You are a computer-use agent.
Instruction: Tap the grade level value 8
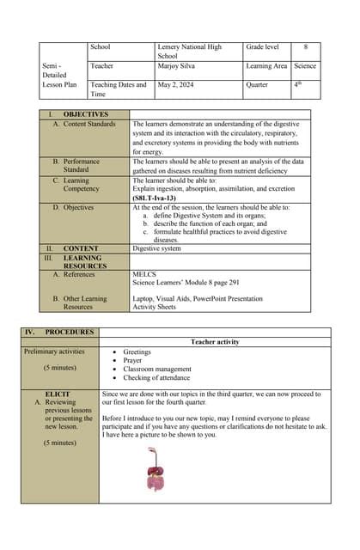click(305, 46)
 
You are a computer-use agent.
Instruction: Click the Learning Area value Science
click(304, 65)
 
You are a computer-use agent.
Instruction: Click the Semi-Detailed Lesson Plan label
click(59, 75)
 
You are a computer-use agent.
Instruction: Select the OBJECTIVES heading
click(85, 114)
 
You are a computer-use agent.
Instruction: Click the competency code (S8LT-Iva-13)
click(160, 198)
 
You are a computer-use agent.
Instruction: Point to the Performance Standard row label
click(82, 165)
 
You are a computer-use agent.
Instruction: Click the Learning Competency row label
click(82, 185)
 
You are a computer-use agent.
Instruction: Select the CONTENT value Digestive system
click(156, 248)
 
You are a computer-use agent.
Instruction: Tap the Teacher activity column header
click(215, 342)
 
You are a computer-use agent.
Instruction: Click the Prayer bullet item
click(133, 360)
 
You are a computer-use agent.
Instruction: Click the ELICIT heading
click(58, 394)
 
